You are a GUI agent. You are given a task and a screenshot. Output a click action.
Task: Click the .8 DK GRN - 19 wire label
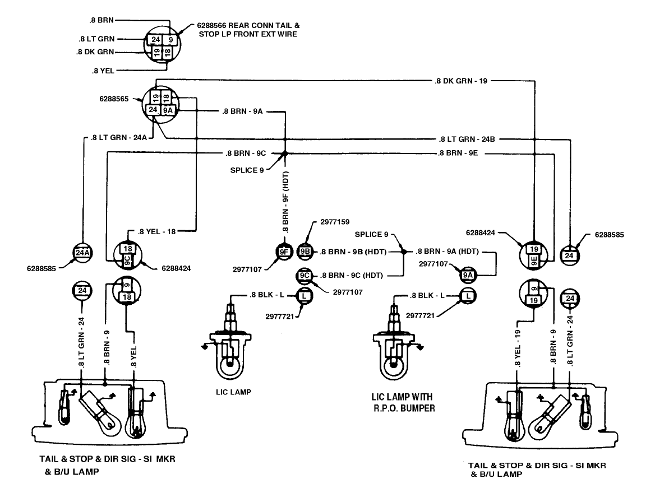[x=461, y=81]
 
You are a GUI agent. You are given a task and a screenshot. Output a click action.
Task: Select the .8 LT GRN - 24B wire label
[x=467, y=139]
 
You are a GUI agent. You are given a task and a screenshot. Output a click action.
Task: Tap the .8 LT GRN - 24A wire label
[x=119, y=137]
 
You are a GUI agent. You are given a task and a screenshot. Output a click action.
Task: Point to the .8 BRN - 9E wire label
[x=458, y=153]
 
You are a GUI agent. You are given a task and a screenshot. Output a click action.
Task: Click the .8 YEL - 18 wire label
[x=156, y=232]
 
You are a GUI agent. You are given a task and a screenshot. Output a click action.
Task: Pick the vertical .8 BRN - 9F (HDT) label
[x=286, y=202]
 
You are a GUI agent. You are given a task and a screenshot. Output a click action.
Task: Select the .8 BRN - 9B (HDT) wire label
[x=353, y=252]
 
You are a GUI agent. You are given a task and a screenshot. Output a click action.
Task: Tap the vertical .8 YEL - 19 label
[x=518, y=348]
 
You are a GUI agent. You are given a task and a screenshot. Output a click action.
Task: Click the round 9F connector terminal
[x=284, y=252]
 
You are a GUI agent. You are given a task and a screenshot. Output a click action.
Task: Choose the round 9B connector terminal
[x=305, y=252]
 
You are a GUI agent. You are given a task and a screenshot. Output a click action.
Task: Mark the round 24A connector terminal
[x=82, y=253]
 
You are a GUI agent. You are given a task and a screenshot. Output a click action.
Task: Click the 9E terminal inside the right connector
[x=534, y=261]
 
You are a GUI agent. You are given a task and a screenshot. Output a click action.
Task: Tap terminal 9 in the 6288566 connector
[x=170, y=40]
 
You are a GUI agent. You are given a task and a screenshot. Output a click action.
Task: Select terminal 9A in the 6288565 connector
[x=168, y=110]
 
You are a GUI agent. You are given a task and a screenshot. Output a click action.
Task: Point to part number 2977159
[x=335, y=222]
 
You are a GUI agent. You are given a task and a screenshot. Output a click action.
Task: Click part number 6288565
[x=114, y=99]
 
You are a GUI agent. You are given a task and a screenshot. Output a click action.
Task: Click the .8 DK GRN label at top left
[x=95, y=52]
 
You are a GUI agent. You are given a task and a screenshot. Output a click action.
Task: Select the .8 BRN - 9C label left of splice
[x=246, y=153]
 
